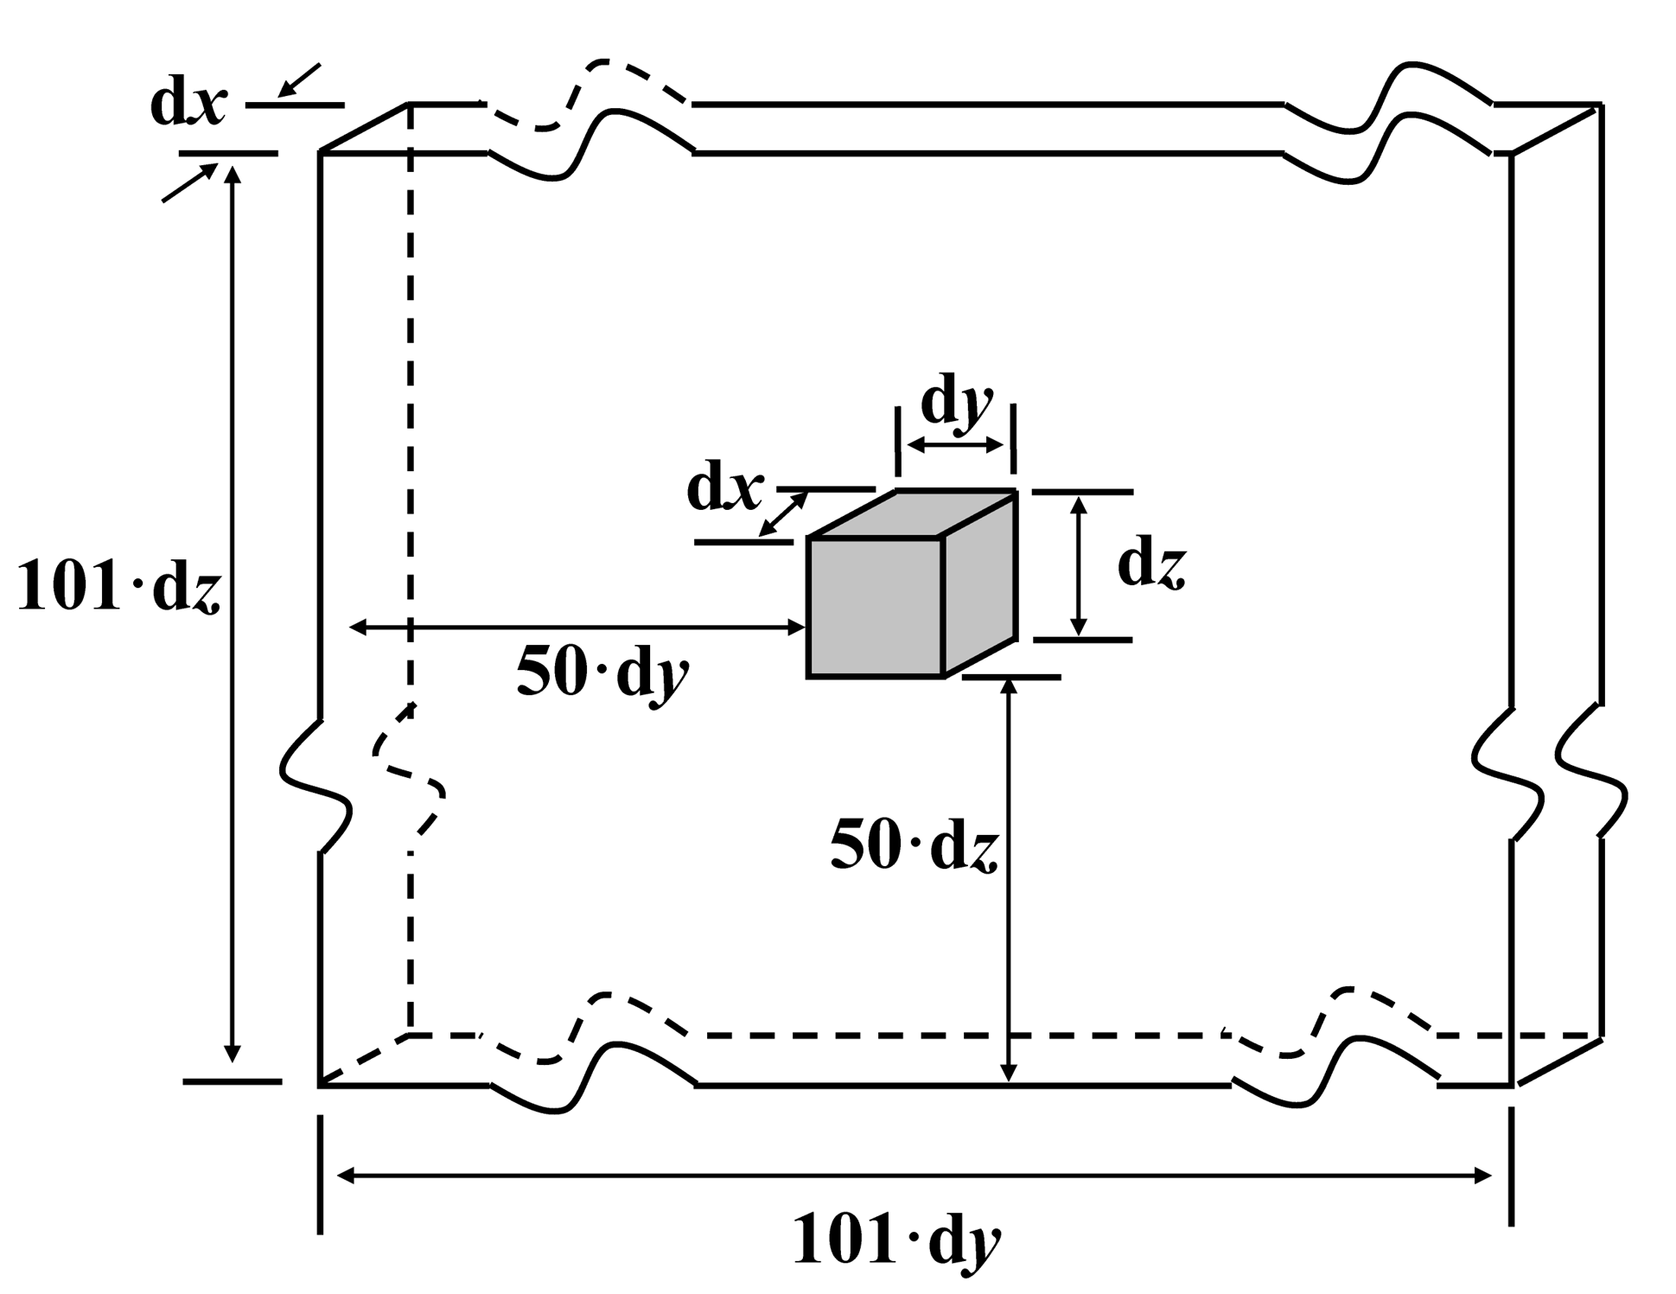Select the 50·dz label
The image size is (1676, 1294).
pos(914,845)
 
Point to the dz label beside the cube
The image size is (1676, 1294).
pos(1151,566)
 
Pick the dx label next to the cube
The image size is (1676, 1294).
pos(724,490)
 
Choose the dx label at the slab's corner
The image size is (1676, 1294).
pos(188,105)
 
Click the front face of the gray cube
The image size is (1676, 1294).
pos(875,607)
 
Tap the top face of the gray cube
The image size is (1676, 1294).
pos(912,514)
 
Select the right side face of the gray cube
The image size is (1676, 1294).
pos(979,585)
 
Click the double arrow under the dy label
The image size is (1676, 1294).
pos(956,445)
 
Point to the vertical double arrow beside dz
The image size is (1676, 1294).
pos(1078,566)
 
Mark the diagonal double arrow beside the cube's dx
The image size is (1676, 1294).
pos(783,513)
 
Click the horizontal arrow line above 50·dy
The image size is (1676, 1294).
pos(577,628)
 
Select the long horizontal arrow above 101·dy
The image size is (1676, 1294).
pos(914,1176)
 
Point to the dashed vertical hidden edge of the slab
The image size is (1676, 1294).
pos(410,432)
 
